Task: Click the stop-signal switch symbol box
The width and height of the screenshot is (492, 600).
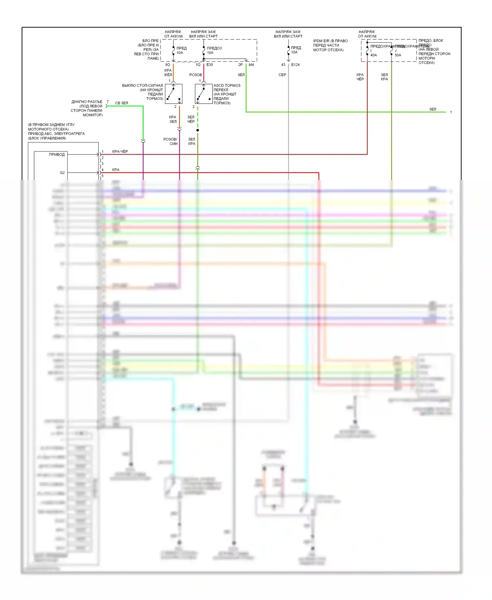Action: (174, 94)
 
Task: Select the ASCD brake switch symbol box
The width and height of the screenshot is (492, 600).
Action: (204, 94)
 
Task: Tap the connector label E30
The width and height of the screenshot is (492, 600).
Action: (210, 65)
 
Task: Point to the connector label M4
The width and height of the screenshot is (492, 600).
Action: (251, 65)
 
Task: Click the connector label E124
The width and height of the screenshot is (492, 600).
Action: (295, 65)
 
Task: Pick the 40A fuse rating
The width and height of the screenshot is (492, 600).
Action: (374, 55)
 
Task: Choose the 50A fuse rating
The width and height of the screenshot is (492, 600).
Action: (398, 55)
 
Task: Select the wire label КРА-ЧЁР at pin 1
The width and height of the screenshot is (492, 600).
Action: (120, 152)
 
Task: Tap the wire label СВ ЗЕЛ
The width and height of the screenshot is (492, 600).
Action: (121, 103)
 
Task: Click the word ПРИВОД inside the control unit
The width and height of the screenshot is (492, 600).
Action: (57, 155)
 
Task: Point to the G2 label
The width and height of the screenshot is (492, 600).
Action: (62, 173)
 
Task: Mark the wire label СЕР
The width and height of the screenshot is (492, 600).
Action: (282, 75)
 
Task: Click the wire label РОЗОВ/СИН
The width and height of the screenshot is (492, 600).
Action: (171, 141)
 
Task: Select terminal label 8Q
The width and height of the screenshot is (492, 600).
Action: (168, 65)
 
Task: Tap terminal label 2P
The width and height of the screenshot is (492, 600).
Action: (240, 65)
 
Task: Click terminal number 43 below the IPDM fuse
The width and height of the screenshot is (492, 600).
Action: (283, 65)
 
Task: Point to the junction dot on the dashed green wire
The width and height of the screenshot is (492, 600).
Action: (197, 130)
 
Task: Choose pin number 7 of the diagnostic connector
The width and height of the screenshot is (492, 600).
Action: (108, 102)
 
